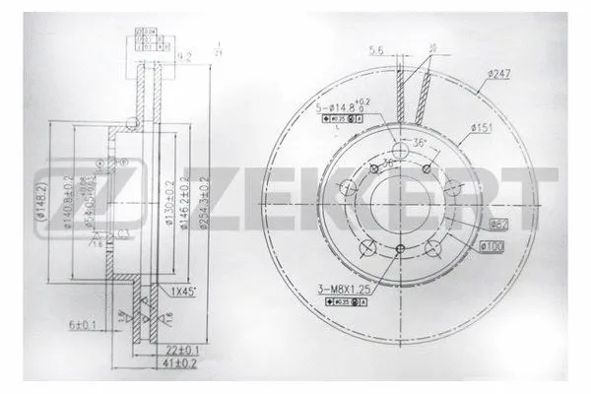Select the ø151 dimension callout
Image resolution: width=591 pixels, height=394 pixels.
[481, 127]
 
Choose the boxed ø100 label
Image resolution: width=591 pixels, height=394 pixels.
[492, 245]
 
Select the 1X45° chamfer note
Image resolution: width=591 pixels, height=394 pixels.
[187, 292]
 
